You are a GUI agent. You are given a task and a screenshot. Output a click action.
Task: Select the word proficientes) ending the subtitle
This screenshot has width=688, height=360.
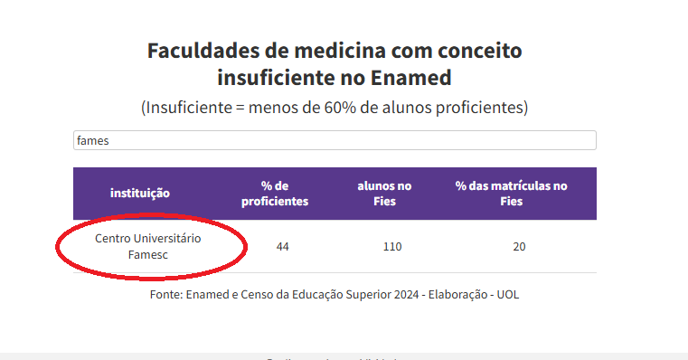click(477, 108)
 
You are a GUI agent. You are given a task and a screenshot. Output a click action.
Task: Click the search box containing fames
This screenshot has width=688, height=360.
click(335, 140)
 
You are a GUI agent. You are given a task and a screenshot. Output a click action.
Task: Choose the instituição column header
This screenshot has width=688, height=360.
click(140, 193)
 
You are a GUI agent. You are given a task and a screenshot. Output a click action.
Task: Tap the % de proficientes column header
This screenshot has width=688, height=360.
click(275, 193)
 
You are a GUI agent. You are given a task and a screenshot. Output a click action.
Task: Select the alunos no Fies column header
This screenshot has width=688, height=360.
click(384, 193)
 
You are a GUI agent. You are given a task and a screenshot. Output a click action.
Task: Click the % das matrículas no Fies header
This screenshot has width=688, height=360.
click(512, 193)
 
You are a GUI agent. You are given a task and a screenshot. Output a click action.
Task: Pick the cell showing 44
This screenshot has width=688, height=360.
click(283, 246)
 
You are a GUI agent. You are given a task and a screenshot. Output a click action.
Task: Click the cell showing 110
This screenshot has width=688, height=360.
click(391, 246)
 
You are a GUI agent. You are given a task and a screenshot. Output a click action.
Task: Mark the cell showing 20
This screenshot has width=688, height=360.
click(519, 246)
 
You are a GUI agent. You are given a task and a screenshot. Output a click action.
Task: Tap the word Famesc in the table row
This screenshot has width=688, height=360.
click(148, 254)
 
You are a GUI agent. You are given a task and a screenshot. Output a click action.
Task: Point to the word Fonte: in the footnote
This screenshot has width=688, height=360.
click(166, 295)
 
